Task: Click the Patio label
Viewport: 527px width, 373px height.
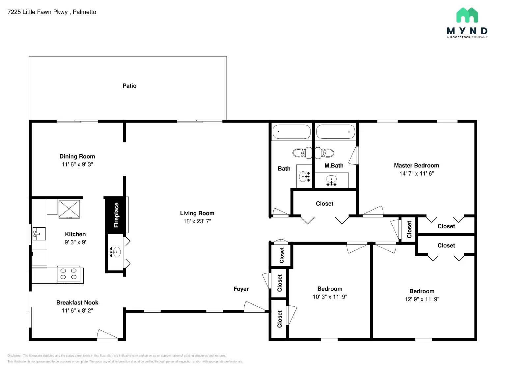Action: point(129,86)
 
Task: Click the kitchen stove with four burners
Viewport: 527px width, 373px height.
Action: point(69,274)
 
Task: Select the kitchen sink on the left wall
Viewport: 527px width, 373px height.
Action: point(39,234)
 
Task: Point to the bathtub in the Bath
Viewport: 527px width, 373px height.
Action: point(291,132)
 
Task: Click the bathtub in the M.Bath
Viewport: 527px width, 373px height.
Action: point(335,132)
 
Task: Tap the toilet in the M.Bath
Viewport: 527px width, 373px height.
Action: point(325,153)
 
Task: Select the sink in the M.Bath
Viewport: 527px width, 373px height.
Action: point(331,180)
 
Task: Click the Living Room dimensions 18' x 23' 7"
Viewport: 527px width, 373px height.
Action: point(197,221)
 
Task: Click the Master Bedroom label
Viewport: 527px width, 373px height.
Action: point(416,165)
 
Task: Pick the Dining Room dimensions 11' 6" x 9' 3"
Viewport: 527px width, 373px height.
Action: point(77,164)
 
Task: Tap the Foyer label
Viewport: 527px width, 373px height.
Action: point(241,289)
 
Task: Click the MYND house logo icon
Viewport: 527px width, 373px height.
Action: point(467,15)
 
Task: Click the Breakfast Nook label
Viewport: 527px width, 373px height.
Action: point(77,302)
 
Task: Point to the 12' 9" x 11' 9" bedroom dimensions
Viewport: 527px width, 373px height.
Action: point(422,299)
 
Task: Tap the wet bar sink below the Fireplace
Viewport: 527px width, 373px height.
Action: point(115,252)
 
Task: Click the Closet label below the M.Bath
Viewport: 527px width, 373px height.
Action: point(324,204)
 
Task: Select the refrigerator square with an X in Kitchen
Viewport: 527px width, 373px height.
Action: point(69,209)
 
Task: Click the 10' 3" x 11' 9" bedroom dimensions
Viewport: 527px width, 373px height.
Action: point(330,297)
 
